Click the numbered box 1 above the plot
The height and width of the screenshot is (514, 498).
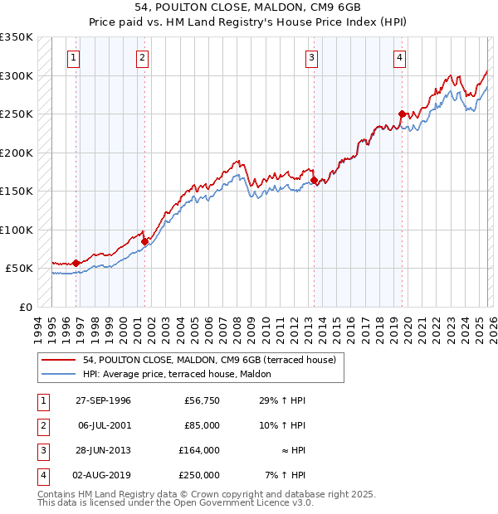tap(75, 58)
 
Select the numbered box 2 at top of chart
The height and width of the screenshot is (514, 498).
tap(143, 58)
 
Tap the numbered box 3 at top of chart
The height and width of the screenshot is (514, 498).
tap(311, 58)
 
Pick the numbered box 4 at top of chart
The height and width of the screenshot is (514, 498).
tap(399, 58)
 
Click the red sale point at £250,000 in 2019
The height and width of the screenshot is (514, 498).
tap(402, 114)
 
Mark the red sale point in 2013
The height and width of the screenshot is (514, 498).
tap(314, 180)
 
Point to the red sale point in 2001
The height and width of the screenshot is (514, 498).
tap(144, 241)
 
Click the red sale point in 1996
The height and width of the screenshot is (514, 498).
tap(76, 263)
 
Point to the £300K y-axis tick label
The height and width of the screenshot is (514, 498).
tap(17, 75)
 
